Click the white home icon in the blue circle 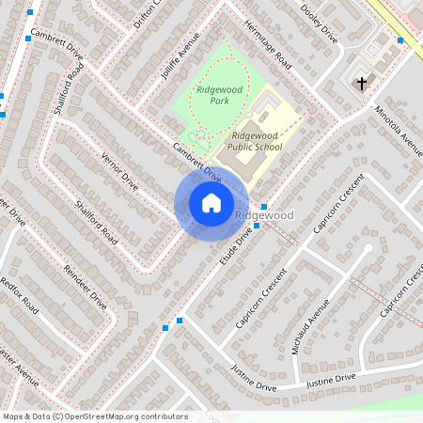(211, 203)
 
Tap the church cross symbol (361, 84)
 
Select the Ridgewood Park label (213, 94)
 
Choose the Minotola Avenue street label (398, 129)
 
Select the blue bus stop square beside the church (400, 40)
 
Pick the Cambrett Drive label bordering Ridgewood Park (196, 162)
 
